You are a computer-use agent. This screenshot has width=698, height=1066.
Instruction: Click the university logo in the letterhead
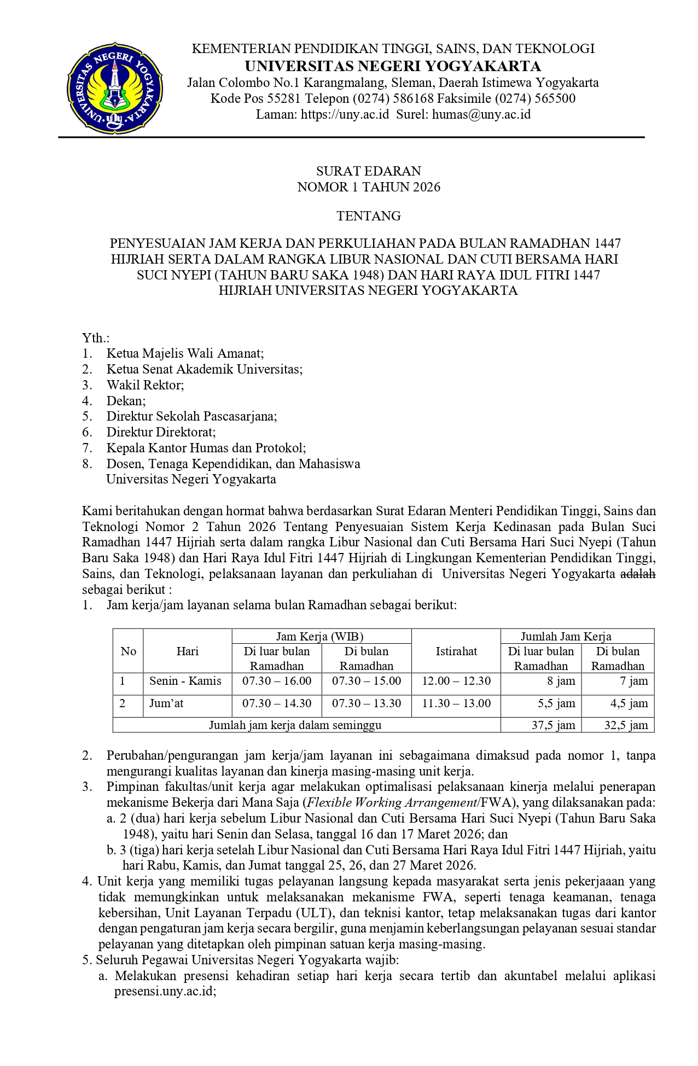pyautogui.click(x=114, y=88)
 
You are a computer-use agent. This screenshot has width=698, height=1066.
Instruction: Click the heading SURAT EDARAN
pyautogui.click(x=369, y=171)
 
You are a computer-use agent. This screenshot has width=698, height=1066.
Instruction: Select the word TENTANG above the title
pyautogui.click(x=369, y=216)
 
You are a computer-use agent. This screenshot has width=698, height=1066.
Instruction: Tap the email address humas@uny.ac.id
pyautogui.click(x=481, y=114)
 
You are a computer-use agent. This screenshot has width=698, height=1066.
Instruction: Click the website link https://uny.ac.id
pyautogui.click(x=345, y=114)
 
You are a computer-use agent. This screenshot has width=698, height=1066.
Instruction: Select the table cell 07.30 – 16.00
pyautogui.click(x=277, y=681)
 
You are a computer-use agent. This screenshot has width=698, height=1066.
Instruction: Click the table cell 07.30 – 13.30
pyautogui.click(x=367, y=703)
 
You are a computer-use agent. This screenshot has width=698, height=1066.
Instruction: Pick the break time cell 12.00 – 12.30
pyautogui.click(x=456, y=681)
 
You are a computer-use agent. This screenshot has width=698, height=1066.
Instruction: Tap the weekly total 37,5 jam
pyautogui.click(x=554, y=725)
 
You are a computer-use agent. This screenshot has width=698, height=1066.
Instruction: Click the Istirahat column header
pyautogui.click(x=456, y=651)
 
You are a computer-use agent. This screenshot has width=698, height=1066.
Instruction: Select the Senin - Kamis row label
pyautogui.click(x=185, y=681)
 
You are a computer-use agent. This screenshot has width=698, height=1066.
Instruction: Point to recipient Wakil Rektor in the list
pyautogui.click(x=145, y=385)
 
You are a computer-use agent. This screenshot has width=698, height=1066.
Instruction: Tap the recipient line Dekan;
pyautogui.click(x=126, y=401)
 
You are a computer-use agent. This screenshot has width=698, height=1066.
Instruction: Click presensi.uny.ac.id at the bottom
pyautogui.click(x=164, y=992)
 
